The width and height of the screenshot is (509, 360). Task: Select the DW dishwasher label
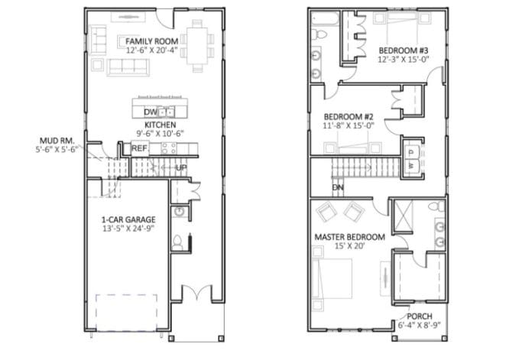point(149,112)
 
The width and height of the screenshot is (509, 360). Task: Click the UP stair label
point(181,167)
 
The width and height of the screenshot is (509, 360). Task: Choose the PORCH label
point(419,316)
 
